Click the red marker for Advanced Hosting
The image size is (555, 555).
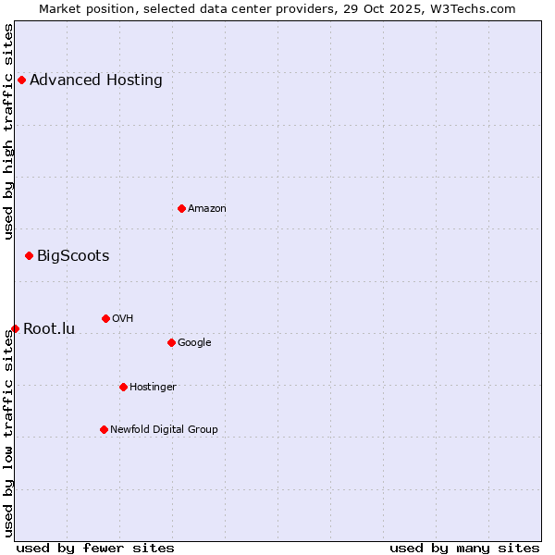21,80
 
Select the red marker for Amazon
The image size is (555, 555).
181,208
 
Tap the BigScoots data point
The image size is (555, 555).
29,255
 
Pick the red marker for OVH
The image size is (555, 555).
105,318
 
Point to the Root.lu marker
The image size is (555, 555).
15,328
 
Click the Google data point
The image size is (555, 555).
171,342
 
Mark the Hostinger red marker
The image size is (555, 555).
123,387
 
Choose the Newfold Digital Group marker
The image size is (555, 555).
104,429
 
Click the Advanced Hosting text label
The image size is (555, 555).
96,80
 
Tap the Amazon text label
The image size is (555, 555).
207,209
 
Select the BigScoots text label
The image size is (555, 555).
73,256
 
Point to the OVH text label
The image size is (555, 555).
123,319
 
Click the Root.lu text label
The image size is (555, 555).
49,329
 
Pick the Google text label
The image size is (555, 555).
194,343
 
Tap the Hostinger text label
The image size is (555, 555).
153,388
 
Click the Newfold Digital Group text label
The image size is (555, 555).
164,430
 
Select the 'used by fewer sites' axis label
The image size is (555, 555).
95,548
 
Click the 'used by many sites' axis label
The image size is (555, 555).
464,548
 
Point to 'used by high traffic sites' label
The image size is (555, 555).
9,131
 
